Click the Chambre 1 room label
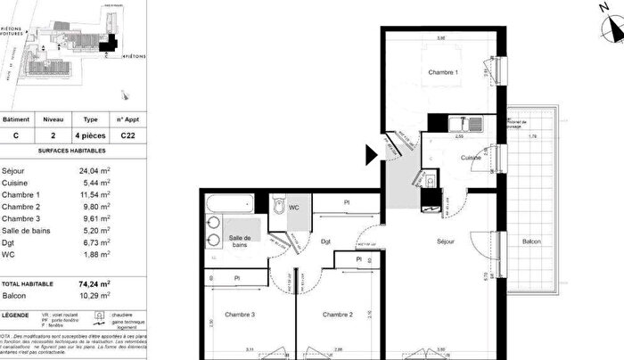[x=443, y=72]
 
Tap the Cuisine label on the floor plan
[x=471, y=158]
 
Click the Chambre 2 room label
[x=339, y=314]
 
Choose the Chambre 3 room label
[x=241, y=314]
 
